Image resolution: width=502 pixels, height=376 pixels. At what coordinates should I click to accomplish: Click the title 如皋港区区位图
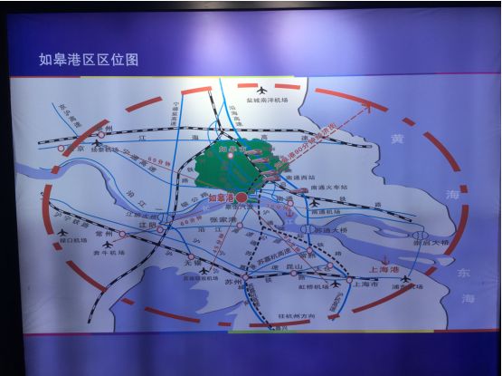(89, 60)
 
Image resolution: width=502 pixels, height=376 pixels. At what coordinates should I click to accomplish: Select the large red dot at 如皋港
(243, 196)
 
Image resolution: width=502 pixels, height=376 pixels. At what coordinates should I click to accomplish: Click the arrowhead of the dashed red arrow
(372, 108)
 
